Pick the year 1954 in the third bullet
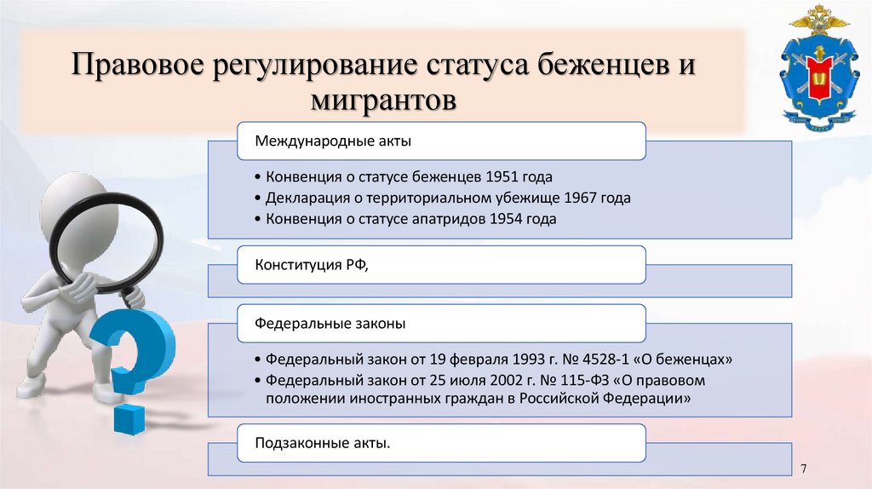tap(506, 219)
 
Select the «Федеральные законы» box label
tap(319, 324)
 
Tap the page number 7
tap(804, 469)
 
